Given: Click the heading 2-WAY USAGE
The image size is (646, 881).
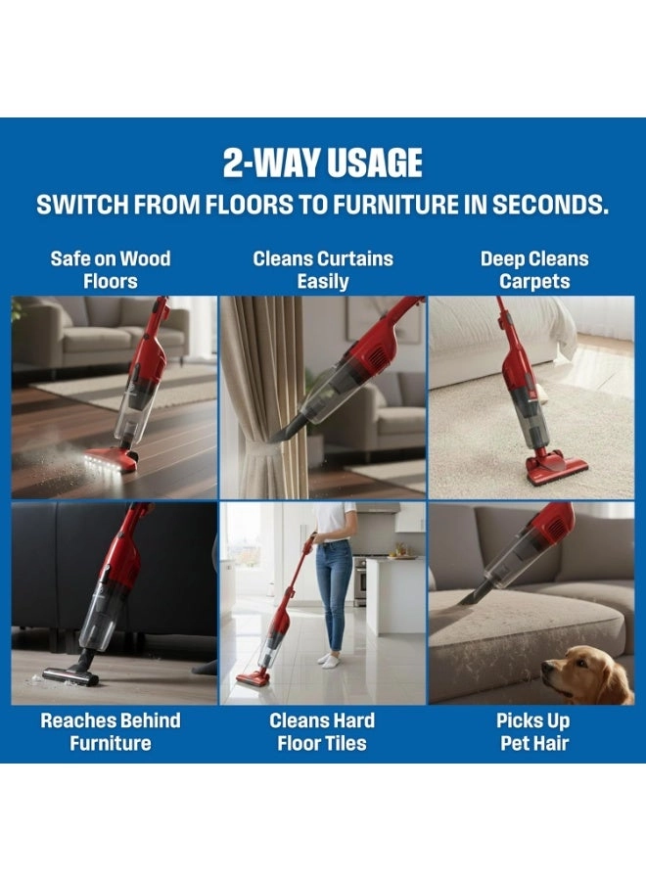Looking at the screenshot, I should tap(322, 162).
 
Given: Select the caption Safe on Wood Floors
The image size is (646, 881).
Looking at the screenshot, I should tap(110, 270).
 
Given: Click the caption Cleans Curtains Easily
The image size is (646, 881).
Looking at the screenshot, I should tap(322, 270).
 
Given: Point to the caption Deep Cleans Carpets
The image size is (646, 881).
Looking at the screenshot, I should tap(534, 270).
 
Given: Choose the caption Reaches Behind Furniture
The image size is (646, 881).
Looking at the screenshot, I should tap(110, 731).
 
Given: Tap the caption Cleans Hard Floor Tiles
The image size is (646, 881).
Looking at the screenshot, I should tap(322, 731).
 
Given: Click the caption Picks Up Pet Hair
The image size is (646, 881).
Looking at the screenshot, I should tap(533, 731).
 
